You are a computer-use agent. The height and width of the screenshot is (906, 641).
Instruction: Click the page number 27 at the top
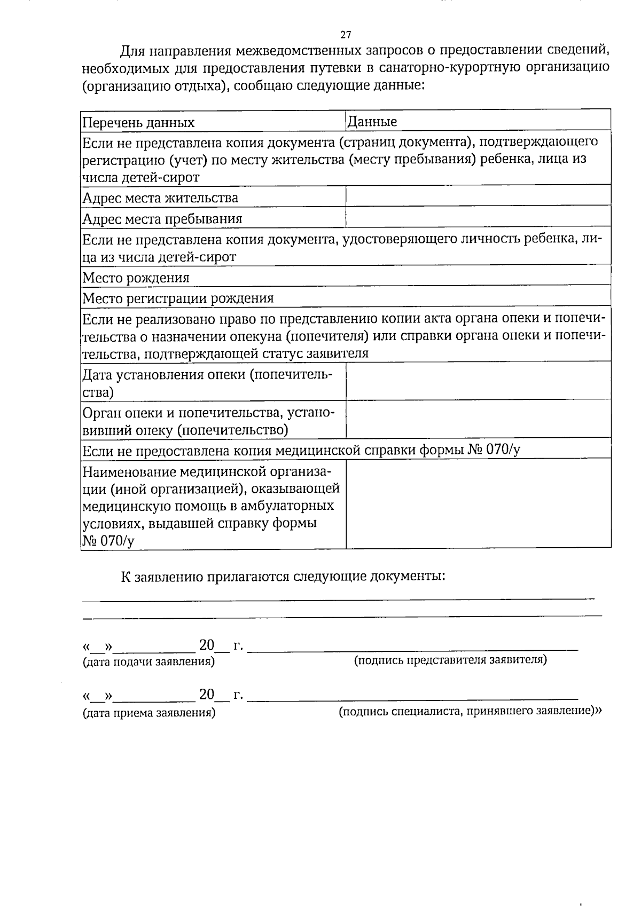click(x=346, y=35)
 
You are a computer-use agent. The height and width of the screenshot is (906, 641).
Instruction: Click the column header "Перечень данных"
click(x=138, y=123)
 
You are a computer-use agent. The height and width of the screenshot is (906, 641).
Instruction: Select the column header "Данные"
click(x=372, y=122)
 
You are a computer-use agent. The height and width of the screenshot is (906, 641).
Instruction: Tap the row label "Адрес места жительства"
click(x=160, y=198)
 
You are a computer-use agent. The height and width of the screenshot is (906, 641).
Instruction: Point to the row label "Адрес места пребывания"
click(x=162, y=219)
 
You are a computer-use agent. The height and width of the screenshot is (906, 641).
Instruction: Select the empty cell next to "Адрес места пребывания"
click(x=478, y=217)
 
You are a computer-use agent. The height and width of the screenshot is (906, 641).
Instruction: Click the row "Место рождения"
click(x=136, y=278)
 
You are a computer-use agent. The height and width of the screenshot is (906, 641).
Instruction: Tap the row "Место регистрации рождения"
click(x=178, y=298)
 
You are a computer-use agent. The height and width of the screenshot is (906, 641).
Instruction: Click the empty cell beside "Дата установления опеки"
click(x=478, y=380)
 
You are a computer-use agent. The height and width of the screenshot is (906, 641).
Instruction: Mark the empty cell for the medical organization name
click(x=478, y=503)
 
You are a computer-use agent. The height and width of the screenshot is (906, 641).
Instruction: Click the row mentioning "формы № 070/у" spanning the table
click(x=301, y=450)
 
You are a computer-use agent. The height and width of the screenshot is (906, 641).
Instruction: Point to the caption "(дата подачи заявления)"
click(x=148, y=662)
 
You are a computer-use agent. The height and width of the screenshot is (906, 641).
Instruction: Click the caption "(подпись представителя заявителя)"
click(x=450, y=660)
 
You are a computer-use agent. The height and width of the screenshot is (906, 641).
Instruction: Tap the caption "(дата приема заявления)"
click(x=148, y=713)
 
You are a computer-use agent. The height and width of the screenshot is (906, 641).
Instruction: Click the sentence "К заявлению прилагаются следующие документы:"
click(x=283, y=577)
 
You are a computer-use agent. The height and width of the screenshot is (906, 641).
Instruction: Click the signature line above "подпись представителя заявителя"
click(x=413, y=649)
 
